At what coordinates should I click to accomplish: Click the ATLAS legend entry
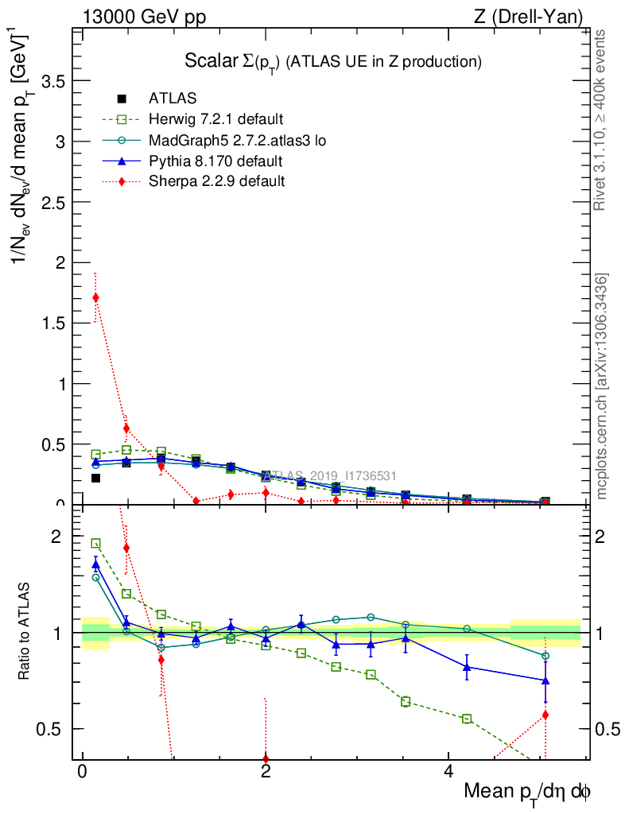(x=173, y=99)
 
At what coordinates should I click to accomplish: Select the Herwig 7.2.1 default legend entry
(x=215, y=120)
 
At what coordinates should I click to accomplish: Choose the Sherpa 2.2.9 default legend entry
(x=217, y=181)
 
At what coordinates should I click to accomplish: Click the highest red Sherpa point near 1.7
(x=95, y=297)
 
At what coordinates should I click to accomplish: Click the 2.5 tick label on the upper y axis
(x=52, y=202)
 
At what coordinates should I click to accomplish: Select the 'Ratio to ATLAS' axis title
(x=25, y=633)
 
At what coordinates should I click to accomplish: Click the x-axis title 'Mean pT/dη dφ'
(x=527, y=793)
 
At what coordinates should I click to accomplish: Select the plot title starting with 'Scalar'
(x=333, y=61)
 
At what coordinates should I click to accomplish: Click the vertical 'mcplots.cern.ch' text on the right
(x=603, y=386)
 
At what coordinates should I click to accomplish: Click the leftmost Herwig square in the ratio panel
(x=95, y=544)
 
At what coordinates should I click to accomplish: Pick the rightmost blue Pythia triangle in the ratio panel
(x=545, y=680)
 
